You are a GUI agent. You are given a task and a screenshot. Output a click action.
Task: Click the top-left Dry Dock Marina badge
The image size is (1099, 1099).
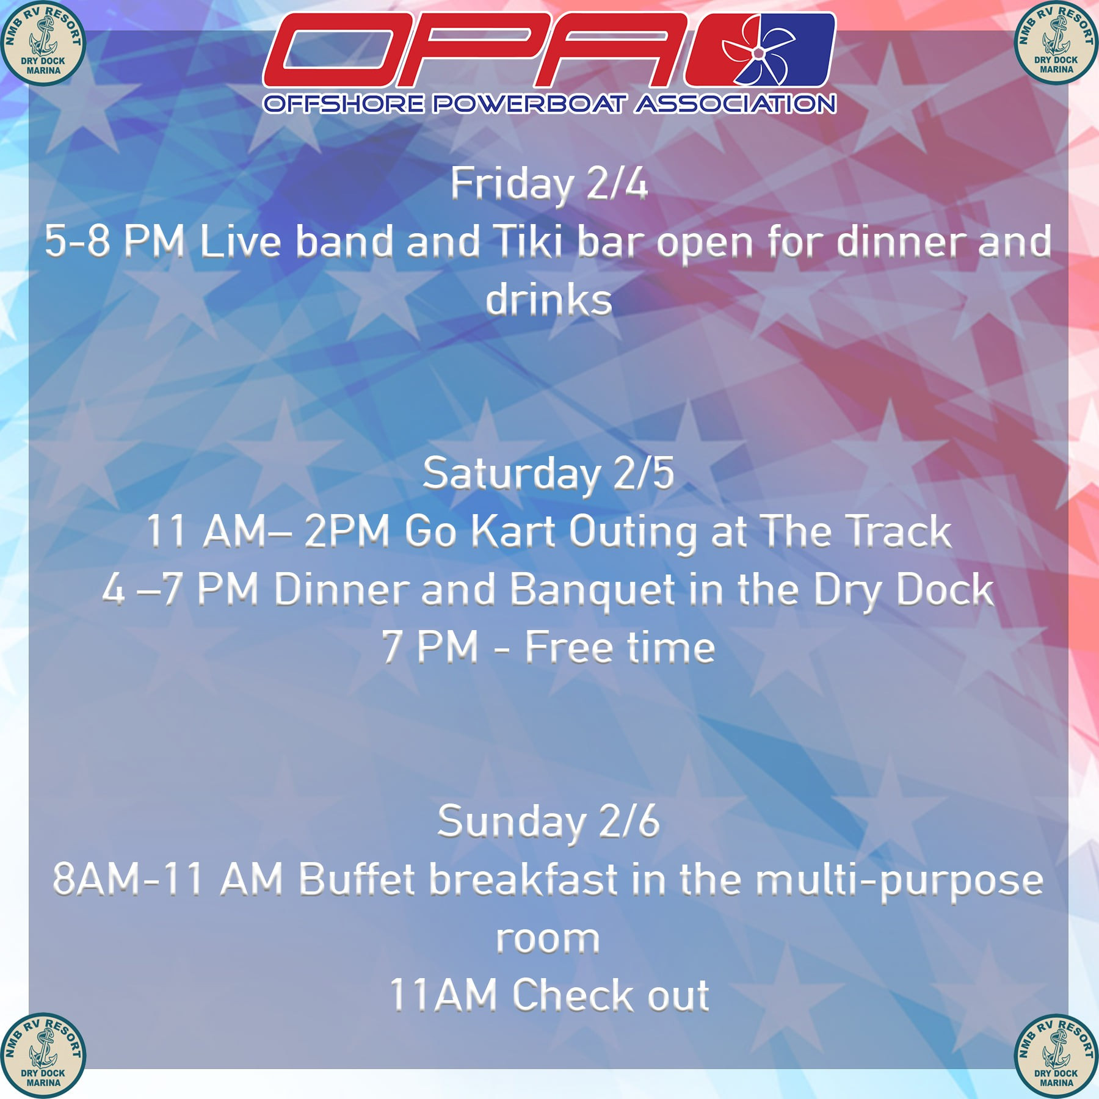point(43,43)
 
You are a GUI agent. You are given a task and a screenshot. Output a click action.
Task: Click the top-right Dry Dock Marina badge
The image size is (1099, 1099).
point(1056,43)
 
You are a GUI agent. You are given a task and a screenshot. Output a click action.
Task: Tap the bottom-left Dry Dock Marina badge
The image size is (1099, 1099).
point(43,1056)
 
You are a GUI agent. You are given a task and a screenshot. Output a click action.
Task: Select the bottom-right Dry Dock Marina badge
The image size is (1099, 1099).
point(1056,1056)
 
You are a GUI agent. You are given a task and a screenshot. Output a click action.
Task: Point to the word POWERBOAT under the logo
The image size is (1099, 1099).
point(530,104)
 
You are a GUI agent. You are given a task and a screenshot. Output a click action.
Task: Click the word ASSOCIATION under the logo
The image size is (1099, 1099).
point(735,104)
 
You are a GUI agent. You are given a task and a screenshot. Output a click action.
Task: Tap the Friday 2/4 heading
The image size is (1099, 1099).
point(549,184)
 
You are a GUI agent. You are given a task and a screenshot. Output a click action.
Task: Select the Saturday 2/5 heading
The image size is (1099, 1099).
point(549,474)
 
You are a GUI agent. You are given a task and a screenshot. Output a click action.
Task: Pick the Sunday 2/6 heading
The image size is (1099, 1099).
point(549,822)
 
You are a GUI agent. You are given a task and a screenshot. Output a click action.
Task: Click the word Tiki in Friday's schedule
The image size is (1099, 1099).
point(529,241)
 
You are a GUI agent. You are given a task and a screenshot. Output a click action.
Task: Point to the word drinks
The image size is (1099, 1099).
point(549,299)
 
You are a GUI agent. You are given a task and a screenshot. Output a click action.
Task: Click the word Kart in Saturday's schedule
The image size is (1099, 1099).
point(513,531)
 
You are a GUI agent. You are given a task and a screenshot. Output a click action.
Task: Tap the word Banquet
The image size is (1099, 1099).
point(592,590)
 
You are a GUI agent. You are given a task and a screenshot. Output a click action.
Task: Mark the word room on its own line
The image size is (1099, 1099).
point(548,939)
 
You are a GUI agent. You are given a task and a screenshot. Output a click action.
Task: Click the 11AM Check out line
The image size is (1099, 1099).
point(549,995)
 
